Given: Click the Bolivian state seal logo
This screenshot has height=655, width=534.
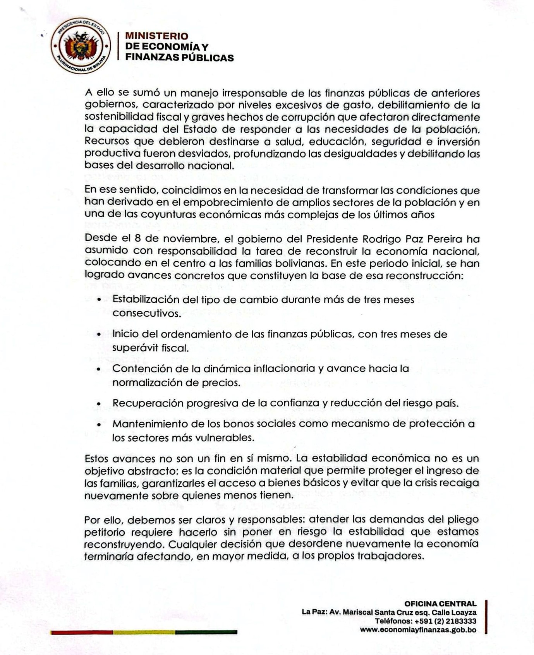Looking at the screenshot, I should point(81,46).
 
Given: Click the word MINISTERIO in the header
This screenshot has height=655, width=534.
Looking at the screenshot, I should point(156,36).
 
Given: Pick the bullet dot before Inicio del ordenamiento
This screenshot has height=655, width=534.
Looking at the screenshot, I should point(99,334).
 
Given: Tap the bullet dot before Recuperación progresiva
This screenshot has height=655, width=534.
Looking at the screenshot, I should point(99,403).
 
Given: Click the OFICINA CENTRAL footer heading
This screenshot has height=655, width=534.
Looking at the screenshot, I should point(440,604).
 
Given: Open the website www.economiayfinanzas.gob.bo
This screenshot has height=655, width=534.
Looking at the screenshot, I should point(418,629).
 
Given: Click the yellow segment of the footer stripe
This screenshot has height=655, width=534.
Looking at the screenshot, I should point(144,632).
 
